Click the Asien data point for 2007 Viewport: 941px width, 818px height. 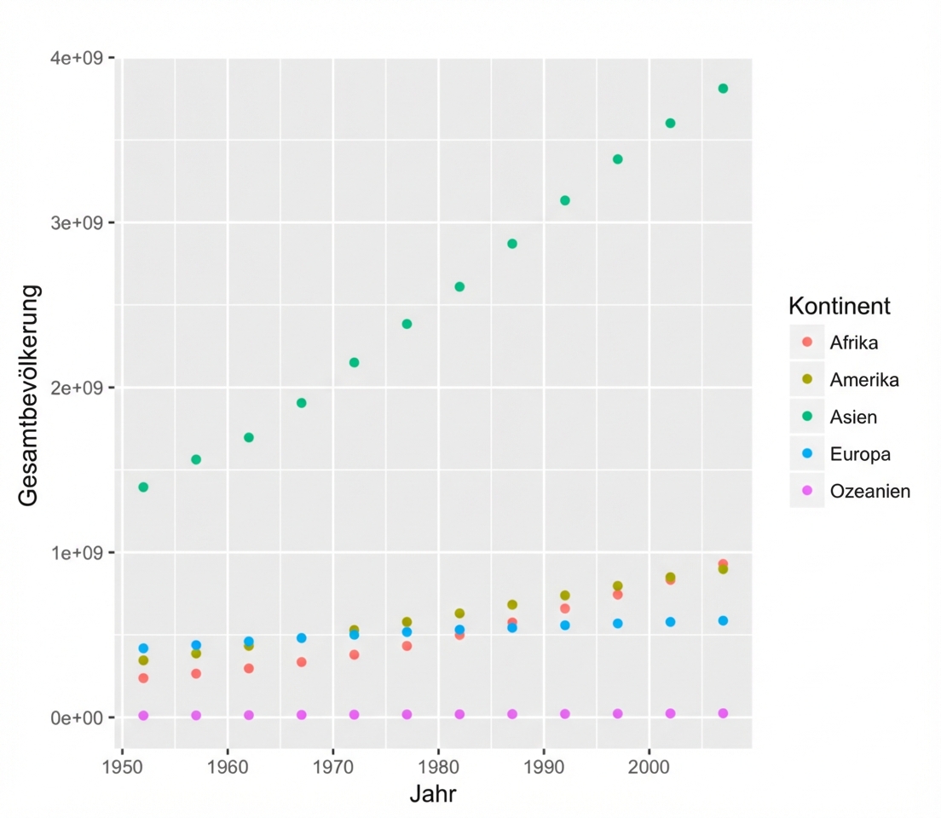click(723, 89)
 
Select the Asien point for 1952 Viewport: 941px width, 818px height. click(143, 487)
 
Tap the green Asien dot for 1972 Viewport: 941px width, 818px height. click(354, 363)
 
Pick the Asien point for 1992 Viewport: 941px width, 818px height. click(564, 201)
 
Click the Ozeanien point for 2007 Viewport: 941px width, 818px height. click(723, 713)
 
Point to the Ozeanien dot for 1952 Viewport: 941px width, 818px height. click(143, 716)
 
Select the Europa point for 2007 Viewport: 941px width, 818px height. click(723, 621)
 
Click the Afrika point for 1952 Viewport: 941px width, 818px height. click(143, 678)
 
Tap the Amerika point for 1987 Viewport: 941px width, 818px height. click(512, 605)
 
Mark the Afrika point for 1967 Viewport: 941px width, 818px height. click(301, 662)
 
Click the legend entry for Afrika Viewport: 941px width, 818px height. click(853, 343)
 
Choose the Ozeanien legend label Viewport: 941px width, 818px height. click(869, 491)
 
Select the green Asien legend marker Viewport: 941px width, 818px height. click(807, 417)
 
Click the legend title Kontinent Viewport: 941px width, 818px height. click(840, 305)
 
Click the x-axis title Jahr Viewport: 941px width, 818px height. click(432, 794)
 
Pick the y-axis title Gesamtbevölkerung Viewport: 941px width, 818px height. click(29, 396)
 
